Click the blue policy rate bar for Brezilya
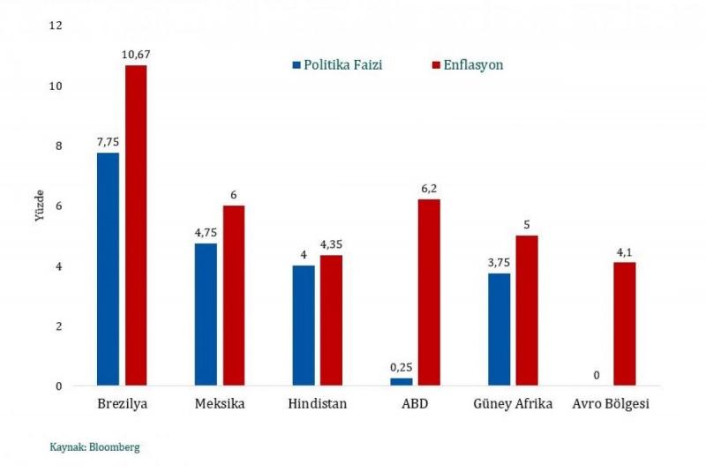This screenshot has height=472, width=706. pyautogui.click(x=108, y=269)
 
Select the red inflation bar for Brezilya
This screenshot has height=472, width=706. pyautogui.click(x=136, y=225)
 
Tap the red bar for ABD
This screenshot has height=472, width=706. pyautogui.click(x=429, y=292)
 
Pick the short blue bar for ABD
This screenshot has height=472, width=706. pyautogui.click(x=401, y=381)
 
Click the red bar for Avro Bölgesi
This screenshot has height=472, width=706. pyautogui.click(x=624, y=324)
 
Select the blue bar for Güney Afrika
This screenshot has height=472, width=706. pyautogui.click(x=499, y=329)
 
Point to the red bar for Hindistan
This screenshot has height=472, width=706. pyautogui.click(x=331, y=320)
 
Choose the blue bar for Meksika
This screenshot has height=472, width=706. pyautogui.click(x=206, y=314)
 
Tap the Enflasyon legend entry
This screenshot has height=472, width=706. pyautogui.click(x=467, y=65)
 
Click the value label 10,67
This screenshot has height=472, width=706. pyautogui.click(x=135, y=55)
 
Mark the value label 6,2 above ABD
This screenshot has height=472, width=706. pyautogui.click(x=429, y=189)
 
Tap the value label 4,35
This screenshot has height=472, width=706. pyautogui.click(x=331, y=244)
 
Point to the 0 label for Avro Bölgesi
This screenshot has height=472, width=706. pyautogui.click(x=597, y=375)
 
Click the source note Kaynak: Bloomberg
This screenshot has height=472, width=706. pyautogui.click(x=94, y=447)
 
